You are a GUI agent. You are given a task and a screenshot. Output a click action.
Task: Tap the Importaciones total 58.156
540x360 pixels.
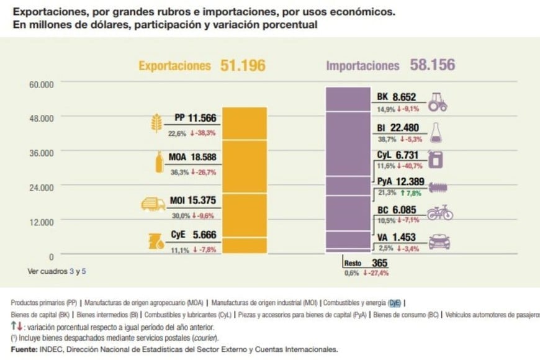coord(432,65)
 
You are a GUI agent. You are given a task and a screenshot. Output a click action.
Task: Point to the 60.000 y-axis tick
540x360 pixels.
coord(42,84)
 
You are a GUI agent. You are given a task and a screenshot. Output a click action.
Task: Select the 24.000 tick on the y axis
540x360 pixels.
coord(42,187)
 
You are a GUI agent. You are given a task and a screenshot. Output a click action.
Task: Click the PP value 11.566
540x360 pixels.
coord(203,117)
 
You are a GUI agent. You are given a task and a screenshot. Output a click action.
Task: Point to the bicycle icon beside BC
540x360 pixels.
coord(440,213)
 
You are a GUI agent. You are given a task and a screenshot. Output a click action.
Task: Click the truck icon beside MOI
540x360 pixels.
coord(153,204)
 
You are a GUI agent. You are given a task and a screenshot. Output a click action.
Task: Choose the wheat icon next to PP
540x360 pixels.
coord(156,123)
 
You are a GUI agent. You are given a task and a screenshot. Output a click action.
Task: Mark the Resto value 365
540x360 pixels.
coord(380,263)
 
